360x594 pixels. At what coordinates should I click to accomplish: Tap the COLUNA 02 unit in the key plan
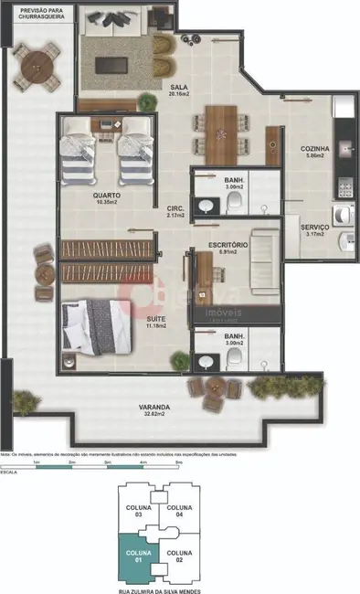[x=179, y=557]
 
